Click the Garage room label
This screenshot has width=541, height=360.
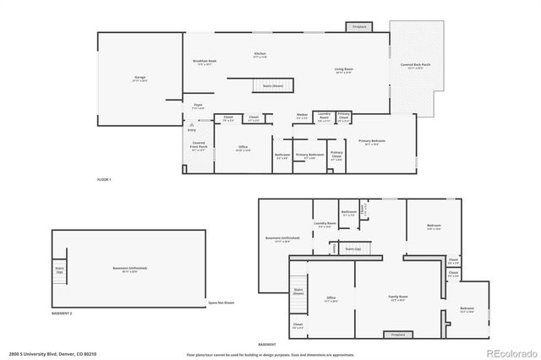[139, 79]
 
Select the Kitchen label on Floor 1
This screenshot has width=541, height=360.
[260, 56]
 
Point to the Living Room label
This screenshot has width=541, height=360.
[343, 70]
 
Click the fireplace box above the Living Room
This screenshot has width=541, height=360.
[359, 27]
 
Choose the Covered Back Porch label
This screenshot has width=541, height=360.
[414, 67]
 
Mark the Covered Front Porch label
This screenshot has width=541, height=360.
[199, 146]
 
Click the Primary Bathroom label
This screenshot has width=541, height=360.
[310, 155]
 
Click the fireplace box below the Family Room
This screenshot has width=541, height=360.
[397, 335]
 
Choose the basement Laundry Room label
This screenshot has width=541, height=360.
[325, 225]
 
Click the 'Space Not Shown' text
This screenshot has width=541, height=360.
[221, 302]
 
